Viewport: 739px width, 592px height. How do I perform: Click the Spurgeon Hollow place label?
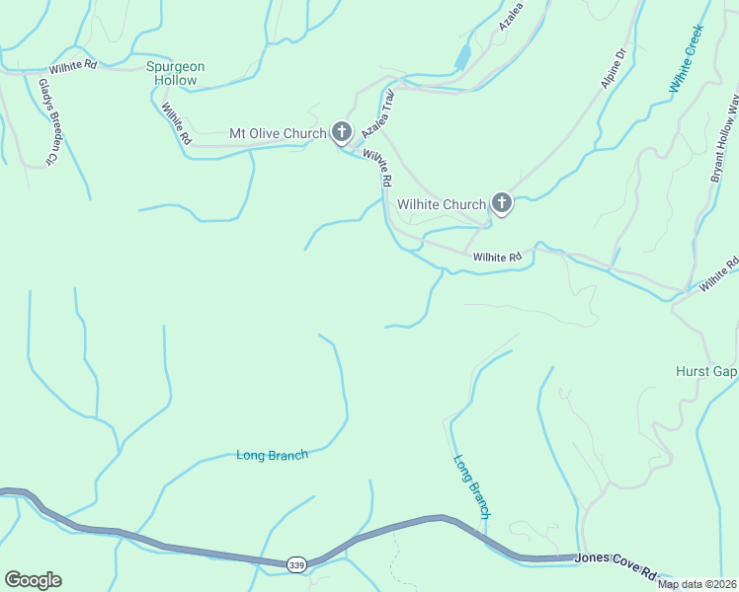(x=175, y=73)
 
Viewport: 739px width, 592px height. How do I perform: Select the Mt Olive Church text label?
(x=277, y=133)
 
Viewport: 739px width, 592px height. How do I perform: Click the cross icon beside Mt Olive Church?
(x=342, y=132)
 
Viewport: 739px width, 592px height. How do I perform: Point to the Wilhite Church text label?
(x=442, y=204)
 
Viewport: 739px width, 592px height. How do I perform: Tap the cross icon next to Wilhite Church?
(x=502, y=204)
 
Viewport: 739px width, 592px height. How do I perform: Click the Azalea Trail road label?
(x=378, y=113)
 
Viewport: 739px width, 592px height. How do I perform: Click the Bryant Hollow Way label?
(x=725, y=139)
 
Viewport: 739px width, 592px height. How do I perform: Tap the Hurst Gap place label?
(x=705, y=371)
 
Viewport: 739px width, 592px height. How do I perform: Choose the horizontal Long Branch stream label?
(x=273, y=455)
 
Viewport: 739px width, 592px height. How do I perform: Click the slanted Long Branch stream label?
(x=472, y=485)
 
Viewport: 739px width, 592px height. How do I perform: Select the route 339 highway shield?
(x=296, y=564)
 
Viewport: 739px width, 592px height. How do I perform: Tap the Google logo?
(x=32, y=580)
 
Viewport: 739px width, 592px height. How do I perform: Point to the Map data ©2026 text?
(x=696, y=584)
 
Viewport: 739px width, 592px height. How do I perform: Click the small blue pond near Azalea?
(x=462, y=57)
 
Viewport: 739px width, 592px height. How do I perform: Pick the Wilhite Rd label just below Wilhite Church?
(x=497, y=258)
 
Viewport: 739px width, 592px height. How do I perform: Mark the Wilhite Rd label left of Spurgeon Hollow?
(x=75, y=65)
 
